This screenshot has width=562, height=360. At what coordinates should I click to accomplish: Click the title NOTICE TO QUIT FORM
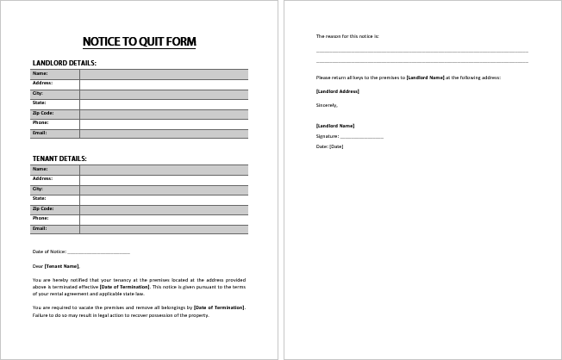tap(139, 41)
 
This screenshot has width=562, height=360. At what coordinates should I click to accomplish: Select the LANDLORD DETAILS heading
tap(65, 63)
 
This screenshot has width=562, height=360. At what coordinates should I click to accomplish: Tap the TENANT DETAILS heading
tap(59, 158)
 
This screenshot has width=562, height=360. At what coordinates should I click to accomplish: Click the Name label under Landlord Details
tap(40, 74)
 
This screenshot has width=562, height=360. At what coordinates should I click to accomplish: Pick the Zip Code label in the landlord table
tap(43, 113)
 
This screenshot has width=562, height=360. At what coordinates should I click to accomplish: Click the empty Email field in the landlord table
tap(163, 133)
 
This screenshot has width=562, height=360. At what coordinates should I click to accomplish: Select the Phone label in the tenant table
tap(41, 219)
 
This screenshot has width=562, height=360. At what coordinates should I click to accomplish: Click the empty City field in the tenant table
tap(163, 189)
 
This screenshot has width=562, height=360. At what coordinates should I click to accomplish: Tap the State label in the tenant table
tap(40, 199)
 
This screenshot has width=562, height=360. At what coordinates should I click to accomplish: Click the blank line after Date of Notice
tap(98, 252)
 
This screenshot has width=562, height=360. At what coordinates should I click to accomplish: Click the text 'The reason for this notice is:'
tap(347, 36)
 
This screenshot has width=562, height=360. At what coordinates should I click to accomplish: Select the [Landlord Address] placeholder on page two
tap(338, 91)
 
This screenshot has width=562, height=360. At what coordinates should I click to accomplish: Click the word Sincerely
tap(328, 104)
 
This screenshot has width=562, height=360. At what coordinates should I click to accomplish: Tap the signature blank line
tap(361, 137)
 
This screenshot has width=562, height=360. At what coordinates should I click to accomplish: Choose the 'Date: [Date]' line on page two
tap(330, 146)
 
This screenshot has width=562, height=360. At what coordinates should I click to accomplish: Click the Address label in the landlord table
tap(43, 84)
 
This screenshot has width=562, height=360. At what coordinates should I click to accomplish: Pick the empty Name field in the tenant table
tap(163, 170)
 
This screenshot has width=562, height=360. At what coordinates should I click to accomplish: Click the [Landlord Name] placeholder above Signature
tap(335, 126)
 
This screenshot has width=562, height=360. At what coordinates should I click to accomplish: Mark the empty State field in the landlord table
tap(163, 103)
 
